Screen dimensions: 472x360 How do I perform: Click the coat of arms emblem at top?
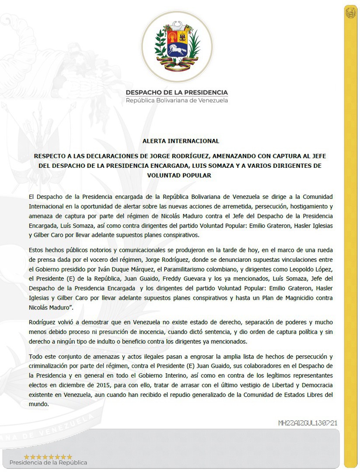click(x=177, y=46)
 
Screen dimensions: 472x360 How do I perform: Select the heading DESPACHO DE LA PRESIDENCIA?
click(x=177, y=92)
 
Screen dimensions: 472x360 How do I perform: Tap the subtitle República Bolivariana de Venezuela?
click(x=177, y=101)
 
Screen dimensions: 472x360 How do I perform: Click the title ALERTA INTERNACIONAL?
click(x=180, y=141)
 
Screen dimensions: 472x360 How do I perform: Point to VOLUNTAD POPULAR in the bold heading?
click(x=180, y=175)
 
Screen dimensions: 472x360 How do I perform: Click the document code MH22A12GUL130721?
click(x=308, y=423)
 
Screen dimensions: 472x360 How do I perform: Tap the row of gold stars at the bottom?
click(x=48, y=457)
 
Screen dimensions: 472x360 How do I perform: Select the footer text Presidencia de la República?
click(x=48, y=462)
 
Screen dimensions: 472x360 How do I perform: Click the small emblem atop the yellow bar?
click(x=350, y=13)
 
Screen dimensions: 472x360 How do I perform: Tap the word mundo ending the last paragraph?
click(x=38, y=404)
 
